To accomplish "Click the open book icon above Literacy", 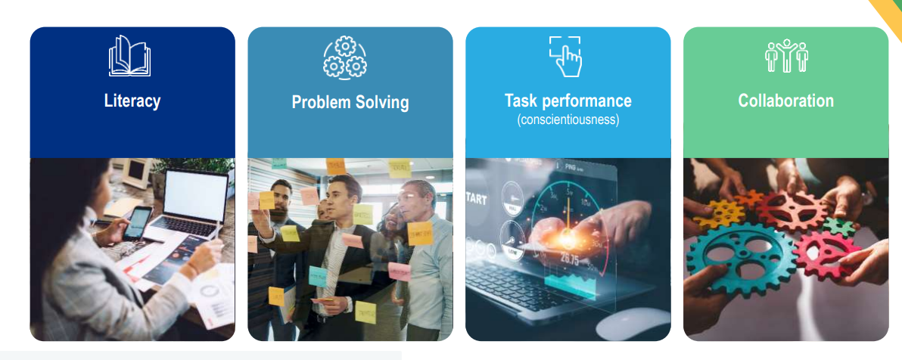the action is point(129,56).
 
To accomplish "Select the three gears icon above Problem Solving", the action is point(345,57).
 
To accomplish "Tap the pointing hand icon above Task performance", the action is point(565,57).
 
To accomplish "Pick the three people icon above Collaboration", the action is point(785,56).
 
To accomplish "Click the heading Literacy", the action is point(132,101).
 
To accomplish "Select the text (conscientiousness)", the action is point(568,120).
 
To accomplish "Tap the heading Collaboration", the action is point(785,101).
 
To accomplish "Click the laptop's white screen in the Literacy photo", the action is point(195,196).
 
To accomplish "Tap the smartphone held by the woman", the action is point(138,223).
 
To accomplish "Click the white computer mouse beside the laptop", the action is point(633,323).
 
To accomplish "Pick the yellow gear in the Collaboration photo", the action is point(719,214).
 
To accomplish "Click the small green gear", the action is point(838,227).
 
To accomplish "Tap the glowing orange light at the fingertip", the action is point(568,234).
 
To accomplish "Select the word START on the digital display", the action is point(476,200).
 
